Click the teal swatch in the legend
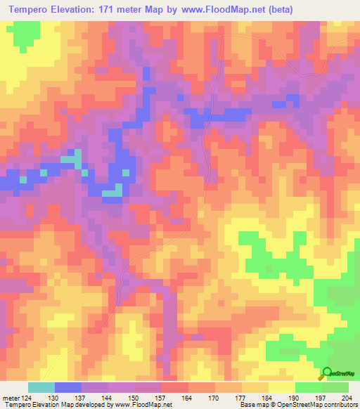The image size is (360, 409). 41,387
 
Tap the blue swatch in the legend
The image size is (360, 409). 68,387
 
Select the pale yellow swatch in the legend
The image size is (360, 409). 282,387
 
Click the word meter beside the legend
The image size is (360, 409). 11,397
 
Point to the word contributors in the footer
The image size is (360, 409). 341,405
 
